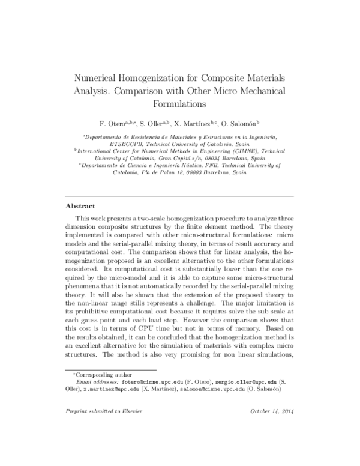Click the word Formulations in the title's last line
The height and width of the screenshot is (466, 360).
coord(180,103)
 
